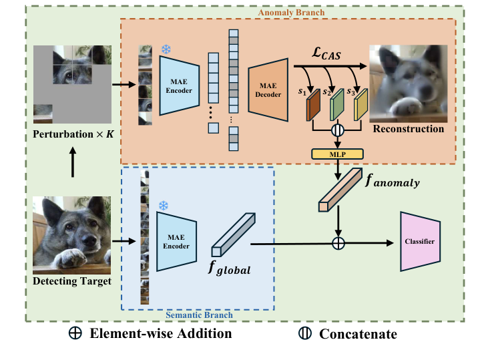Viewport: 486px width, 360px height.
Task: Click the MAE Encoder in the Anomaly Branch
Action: pyautogui.click(x=179, y=85)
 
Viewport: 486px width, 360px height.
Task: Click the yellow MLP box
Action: pyautogui.click(x=339, y=154)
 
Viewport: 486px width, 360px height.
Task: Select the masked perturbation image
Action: pyautogui.click(x=71, y=84)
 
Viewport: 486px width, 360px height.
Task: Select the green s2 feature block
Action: pyautogui.click(x=337, y=106)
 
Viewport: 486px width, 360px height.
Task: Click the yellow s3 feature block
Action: pyautogui.click(x=360, y=106)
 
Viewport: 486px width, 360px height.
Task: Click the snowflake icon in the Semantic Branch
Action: pyautogui.click(x=162, y=204)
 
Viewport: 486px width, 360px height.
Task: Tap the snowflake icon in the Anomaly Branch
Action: pyautogui.click(x=166, y=50)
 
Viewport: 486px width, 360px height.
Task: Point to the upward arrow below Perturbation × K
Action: pyautogui.click(x=71, y=162)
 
